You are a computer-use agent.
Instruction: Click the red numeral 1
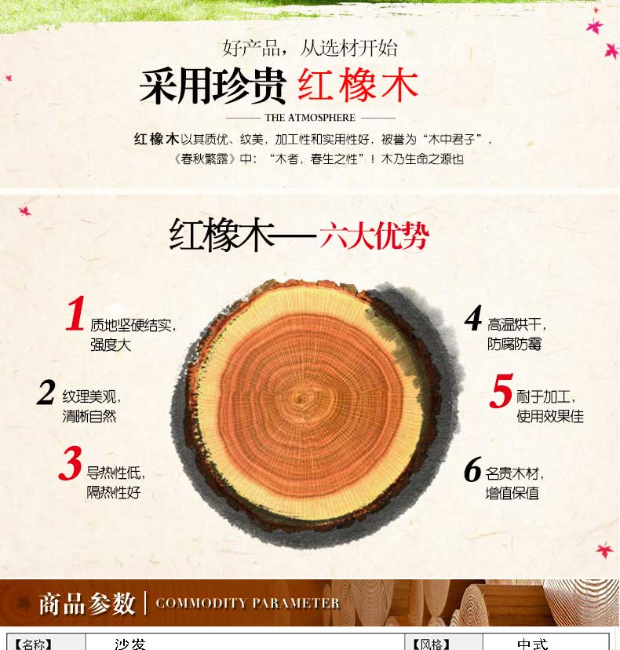(x=75, y=313)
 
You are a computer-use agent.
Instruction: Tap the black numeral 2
(x=46, y=392)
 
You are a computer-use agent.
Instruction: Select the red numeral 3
(x=70, y=462)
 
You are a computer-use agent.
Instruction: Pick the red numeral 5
(x=501, y=390)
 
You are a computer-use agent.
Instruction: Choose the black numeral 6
(x=473, y=469)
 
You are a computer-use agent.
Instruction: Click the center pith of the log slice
(x=300, y=399)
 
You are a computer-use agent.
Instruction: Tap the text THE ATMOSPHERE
(x=310, y=118)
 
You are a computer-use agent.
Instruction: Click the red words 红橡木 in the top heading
(x=358, y=86)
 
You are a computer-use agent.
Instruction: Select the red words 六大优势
(x=374, y=236)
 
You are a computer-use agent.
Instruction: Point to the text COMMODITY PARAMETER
(x=247, y=603)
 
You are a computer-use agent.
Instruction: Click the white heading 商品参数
(x=87, y=603)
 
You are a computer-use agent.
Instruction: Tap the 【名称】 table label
(x=33, y=645)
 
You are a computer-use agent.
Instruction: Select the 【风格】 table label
(x=432, y=645)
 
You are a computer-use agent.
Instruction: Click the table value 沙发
(x=130, y=645)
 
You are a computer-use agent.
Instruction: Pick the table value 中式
(x=533, y=645)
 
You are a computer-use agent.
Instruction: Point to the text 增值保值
(x=512, y=493)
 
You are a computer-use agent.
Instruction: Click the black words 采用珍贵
(x=213, y=86)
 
